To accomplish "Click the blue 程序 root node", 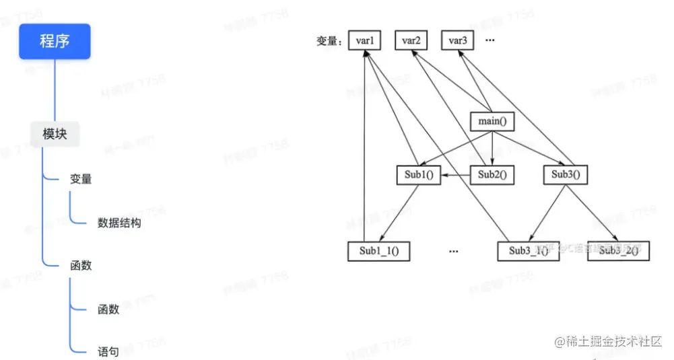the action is (x=55, y=42).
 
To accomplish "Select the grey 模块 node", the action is (x=55, y=134).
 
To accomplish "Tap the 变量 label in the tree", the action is (x=81, y=179).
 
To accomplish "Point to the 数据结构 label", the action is (x=119, y=223).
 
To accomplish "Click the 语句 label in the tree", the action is (x=108, y=351).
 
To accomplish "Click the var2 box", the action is (x=411, y=41).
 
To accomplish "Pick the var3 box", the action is (x=458, y=41).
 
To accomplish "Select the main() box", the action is (x=492, y=122).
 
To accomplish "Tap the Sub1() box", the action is (x=418, y=176).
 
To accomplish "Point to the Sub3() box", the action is (x=565, y=175).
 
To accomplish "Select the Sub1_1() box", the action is (x=379, y=252).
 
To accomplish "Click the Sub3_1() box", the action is (x=528, y=251).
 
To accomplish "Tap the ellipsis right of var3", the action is (x=490, y=41).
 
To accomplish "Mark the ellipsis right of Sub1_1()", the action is (x=453, y=251).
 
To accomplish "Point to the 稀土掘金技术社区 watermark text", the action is (x=609, y=342).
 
